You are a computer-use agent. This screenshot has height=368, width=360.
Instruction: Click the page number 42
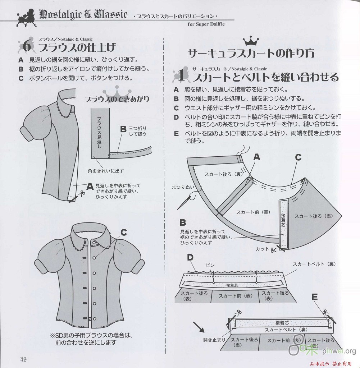tap(23, 359)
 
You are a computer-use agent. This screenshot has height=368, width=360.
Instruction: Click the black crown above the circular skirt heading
tap(251, 41)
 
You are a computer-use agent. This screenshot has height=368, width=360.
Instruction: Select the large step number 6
tap(27, 46)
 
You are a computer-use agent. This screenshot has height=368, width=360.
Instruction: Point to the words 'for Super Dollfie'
tap(206, 24)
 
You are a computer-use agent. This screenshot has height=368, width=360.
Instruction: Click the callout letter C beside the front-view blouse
tap(124, 233)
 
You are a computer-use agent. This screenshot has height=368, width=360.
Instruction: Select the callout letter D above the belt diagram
tap(190, 258)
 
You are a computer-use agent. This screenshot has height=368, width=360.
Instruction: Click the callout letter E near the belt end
tap(314, 297)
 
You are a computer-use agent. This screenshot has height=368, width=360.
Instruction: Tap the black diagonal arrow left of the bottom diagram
tap(199, 327)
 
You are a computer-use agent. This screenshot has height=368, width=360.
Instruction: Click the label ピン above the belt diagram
tap(210, 265)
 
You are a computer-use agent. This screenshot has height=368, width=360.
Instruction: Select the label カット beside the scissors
tap(262, 249)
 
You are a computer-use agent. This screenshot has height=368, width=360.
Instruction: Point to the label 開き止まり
tap(214, 340)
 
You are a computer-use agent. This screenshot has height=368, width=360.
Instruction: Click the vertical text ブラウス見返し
tap(99, 132)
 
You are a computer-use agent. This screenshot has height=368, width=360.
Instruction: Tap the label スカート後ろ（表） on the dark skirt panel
tap(314, 216)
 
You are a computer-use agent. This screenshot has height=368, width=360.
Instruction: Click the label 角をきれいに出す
tap(106, 171)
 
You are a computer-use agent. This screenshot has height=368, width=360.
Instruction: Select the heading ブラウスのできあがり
tap(117, 99)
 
